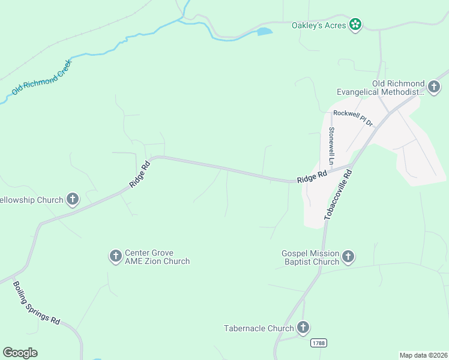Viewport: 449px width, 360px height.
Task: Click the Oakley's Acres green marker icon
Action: tap(355, 25)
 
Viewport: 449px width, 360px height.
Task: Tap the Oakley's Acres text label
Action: tap(319, 25)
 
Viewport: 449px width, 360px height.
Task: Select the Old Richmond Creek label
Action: tap(42, 77)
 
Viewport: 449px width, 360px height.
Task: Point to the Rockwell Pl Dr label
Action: tap(354, 118)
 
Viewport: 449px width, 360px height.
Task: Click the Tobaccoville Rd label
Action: tap(338, 193)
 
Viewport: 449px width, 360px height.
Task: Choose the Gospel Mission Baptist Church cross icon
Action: tap(348, 257)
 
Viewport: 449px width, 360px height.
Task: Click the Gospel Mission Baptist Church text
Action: tap(310, 257)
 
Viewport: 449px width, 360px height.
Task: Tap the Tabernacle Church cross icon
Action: tap(304, 328)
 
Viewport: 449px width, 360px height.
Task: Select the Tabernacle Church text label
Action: tap(259, 328)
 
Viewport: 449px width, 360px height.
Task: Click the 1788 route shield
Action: tap(319, 343)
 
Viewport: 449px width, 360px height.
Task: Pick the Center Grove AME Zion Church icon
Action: tap(115, 257)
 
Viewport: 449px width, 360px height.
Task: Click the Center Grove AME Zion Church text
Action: tap(157, 257)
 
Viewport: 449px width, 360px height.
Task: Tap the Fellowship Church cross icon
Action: tap(73, 199)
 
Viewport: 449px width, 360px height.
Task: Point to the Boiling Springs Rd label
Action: tap(37, 304)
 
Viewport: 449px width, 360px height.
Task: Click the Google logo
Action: tap(20, 353)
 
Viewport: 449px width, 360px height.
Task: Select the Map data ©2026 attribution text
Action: tap(423, 355)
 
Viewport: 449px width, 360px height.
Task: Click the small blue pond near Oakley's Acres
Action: tap(265, 31)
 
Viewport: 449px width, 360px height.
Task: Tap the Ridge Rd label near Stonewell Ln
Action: tap(312, 176)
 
